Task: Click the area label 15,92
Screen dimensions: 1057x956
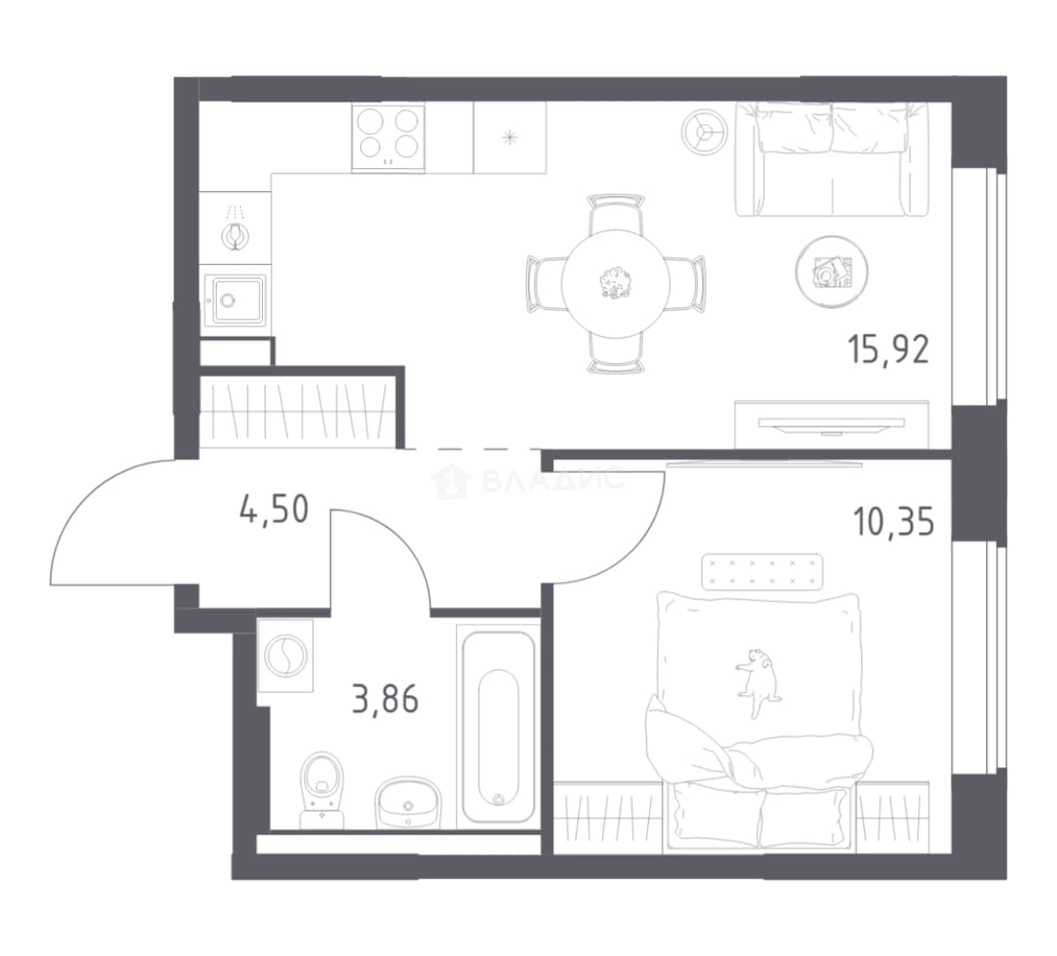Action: click(889, 350)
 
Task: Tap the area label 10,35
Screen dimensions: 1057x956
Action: click(894, 521)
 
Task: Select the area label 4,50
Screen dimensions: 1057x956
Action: click(274, 509)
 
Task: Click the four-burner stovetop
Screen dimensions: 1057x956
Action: click(389, 137)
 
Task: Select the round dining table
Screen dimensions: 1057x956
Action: click(615, 284)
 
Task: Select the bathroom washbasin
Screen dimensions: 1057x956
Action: click(407, 802)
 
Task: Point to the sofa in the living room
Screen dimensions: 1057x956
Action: click(831, 158)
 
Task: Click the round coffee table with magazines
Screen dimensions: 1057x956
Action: click(831, 272)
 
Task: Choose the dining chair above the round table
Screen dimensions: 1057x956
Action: click(615, 213)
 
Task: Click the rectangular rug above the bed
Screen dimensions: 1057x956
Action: click(761, 572)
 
